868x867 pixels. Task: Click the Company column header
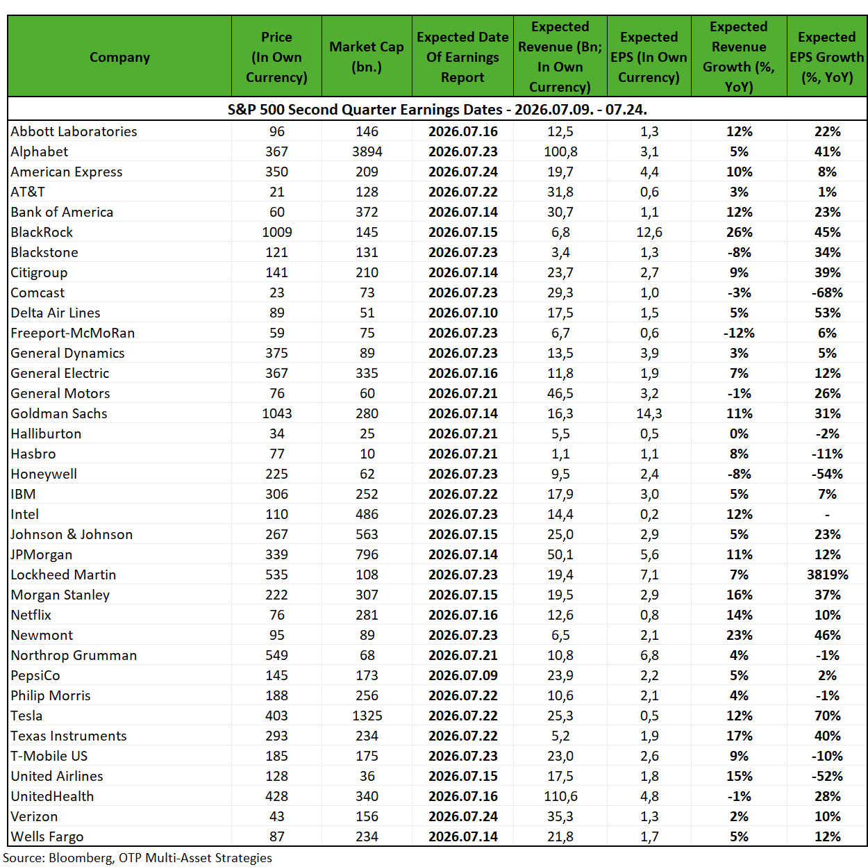[119, 57]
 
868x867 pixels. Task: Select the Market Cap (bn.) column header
[367, 57]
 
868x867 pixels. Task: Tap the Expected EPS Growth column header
[826, 57]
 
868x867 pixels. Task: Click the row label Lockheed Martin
[63, 575]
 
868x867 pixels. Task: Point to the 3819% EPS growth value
[828, 575]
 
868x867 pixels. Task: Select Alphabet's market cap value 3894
[367, 151]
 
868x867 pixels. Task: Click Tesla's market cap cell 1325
[367, 716]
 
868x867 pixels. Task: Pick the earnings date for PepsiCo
[463, 675]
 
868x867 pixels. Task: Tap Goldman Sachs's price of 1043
[277, 413]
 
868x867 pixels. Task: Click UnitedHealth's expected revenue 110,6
[560, 796]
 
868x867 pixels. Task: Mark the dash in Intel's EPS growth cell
[828, 514]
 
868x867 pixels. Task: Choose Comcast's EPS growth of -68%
[828, 292]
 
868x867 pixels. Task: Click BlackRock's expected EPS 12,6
[649, 232]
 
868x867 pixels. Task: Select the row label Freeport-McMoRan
[72, 333]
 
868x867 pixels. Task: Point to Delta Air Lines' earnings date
[463, 313]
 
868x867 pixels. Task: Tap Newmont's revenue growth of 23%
[739, 635]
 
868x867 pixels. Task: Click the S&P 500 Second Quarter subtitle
[437, 110]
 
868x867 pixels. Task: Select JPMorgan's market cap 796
[367, 554]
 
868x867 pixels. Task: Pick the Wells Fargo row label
[47, 836]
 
